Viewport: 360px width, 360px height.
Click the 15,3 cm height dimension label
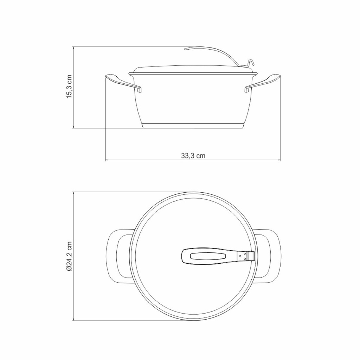point(69,86)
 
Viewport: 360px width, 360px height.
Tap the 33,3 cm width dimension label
point(193,156)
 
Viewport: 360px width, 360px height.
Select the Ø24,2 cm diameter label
point(69,256)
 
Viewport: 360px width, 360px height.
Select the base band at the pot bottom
point(193,126)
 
